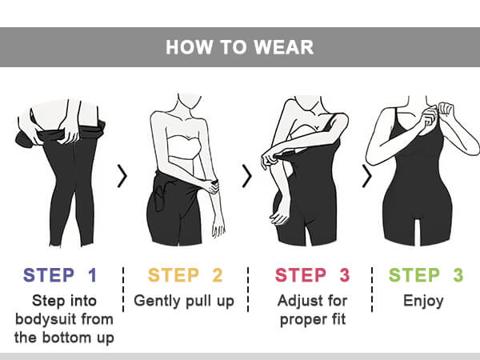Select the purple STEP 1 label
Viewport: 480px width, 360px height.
tap(60, 275)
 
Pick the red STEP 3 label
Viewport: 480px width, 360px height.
tap(312, 275)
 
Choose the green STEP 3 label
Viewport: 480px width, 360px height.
tap(426, 275)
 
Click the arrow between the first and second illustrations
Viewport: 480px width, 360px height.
tap(122, 176)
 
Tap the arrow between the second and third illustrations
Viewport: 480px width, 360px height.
tap(247, 176)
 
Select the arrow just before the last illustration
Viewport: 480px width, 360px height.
tap(366, 176)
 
